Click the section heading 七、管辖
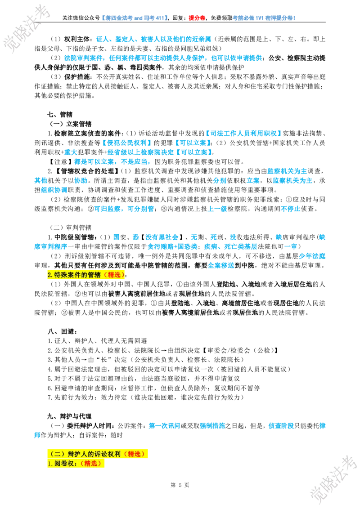pyautogui.click(x=60, y=114)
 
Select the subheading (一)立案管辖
pyautogui.click(x=71, y=124)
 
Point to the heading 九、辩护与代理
pyautogui.click(x=69, y=416)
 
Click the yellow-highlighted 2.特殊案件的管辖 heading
pyautogui.click(x=86, y=275)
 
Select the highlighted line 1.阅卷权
pyautogui.click(x=76, y=463)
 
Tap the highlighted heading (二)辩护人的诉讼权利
pyautogui.click(x=98, y=454)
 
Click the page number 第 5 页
pyautogui.click(x=180, y=485)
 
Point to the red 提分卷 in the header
pyautogui.click(x=197, y=18)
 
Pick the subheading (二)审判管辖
pyautogui.click(x=71, y=228)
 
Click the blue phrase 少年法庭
pyautogui.click(x=312, y=256)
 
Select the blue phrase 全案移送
pyautogui.click(x=221, y=266)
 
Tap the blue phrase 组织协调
pyautogui.click(x=54, y=190)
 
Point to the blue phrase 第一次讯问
pyautogui.click(x=164, y=425)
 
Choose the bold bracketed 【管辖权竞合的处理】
pyautogui.click(x=87, y=171)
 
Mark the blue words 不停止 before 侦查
pyautogui.click(x=290, y=209)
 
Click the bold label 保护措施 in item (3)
pyautogui.click(x=77, y=76)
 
